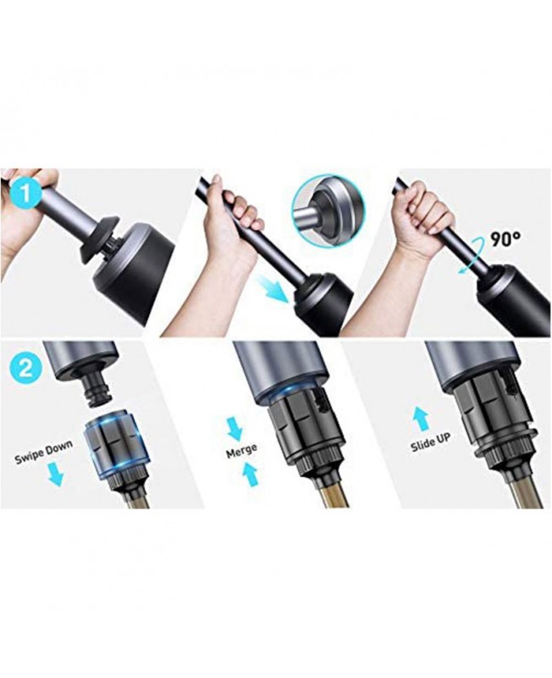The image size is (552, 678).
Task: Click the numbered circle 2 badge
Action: [25, 369]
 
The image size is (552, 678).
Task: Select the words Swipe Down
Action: [44, 453]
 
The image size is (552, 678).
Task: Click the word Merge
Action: [241, 450]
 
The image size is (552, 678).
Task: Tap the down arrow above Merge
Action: [235, 428]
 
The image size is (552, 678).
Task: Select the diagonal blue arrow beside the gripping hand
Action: [271, 289]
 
